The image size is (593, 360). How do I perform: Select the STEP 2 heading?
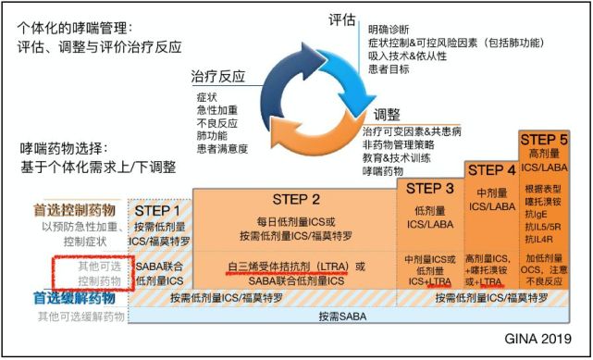pyautogui.click(x=296, y=199)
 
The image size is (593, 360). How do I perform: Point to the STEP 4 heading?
pyautogui.click(x=491, y=170)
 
